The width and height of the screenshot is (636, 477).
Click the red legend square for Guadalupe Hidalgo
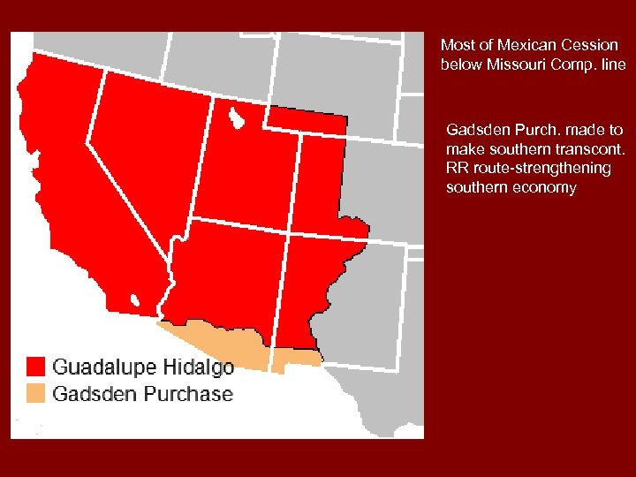[x=35, y=367]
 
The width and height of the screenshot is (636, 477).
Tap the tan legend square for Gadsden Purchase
[x=35, y=393]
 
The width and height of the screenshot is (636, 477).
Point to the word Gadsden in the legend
[x=93, y=393]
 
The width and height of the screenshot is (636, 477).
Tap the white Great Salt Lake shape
[x=235, y=117]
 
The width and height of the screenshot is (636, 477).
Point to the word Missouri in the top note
[x=512, y=64]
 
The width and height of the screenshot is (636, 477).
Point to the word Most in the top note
[x=456, y=44]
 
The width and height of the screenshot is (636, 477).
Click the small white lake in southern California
[x=135, y=301]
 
